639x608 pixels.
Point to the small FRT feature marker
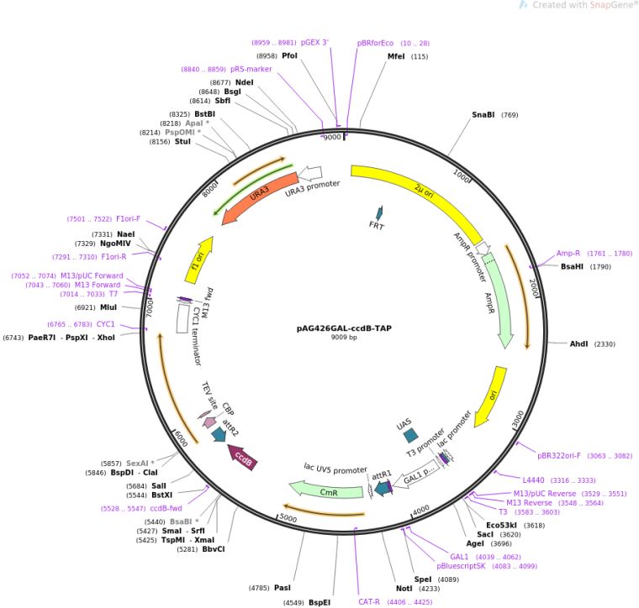click(378, 213)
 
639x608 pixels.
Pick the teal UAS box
click(410, 436)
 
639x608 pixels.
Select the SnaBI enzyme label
click(483, 115)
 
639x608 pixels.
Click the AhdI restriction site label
click(580, 344)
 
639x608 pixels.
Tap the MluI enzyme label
click(108, 307)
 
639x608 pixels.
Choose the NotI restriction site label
click(404, 589)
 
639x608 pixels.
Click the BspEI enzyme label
click(319, 602)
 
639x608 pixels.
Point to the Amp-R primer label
click(568, 253)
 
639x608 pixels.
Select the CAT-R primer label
click(370, 601)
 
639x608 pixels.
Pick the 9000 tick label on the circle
click(332, 137)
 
